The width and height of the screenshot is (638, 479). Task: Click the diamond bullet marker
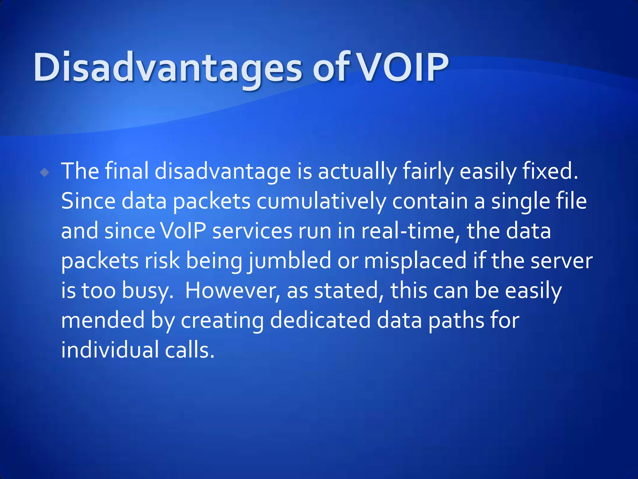(x=45, y=172)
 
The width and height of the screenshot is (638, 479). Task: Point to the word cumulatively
(x=321, y=201)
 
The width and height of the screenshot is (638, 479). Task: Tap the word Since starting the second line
(x=88, y=201)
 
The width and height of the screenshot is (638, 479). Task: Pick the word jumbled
(x=289, y=261)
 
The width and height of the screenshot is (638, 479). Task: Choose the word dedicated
(x=320, y=320)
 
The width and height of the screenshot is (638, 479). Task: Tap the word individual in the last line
(x=110, y=350)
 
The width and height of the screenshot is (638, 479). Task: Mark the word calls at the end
(x=189, y=350)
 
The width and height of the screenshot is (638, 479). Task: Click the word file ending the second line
(x=570, y=201)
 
